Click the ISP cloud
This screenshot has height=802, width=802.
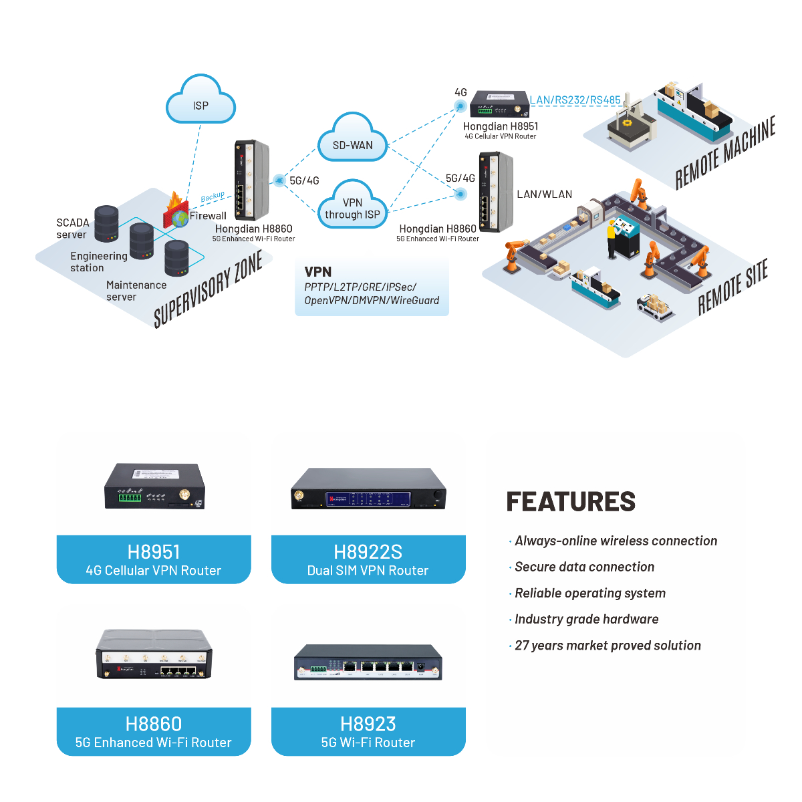(200, 102)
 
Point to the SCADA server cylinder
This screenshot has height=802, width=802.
(106, 223)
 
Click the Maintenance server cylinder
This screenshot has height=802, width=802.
(176, 258)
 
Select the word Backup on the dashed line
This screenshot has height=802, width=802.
(213, 196)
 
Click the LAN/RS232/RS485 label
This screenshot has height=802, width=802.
(575, 100)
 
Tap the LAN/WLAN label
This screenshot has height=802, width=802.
(544, 194)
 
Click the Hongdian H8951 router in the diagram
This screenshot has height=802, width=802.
(495, 104)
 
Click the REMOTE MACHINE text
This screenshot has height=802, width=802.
(725, 153)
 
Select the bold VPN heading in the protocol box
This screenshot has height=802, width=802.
(317, 272)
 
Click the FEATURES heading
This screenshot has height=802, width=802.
(571, 501)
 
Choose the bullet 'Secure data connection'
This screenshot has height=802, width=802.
(584, 567)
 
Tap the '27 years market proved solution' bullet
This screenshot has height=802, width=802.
(608, 646)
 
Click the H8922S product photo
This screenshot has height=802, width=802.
(368, 489)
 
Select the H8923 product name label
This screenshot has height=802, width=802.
(368, 724)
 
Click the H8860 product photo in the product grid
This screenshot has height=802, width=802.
(154, 654)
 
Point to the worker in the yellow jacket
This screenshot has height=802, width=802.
(611, 238)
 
